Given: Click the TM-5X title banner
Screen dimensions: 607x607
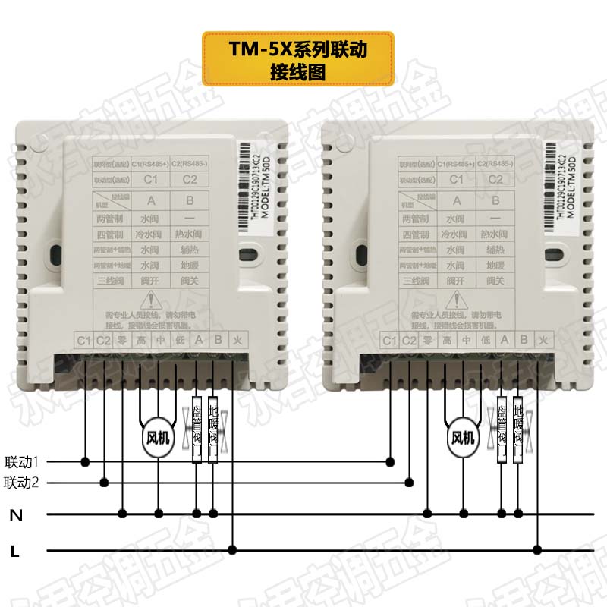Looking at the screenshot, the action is (297, 59).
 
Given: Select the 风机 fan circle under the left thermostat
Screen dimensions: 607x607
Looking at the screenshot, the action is (159, 438).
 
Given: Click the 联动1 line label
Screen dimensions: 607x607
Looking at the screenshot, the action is (26, 461).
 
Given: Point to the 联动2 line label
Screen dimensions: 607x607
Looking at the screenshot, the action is (26, 482).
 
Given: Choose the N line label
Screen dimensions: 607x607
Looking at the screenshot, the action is (15, 515).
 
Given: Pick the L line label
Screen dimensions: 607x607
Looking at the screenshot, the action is (15, 552).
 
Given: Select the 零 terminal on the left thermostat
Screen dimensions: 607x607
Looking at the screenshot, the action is (123, 341).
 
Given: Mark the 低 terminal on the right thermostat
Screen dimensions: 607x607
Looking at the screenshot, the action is (484, 341).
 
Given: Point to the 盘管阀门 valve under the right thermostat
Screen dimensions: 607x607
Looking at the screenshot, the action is (502, 430).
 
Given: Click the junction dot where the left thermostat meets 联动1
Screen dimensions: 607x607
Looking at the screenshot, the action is (85, 461).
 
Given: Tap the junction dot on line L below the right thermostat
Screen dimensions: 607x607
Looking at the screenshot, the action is (538, 549).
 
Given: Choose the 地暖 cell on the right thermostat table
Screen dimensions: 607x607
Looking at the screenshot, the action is (495, 266).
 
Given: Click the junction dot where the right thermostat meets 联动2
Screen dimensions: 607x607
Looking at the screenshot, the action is (410, 482).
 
